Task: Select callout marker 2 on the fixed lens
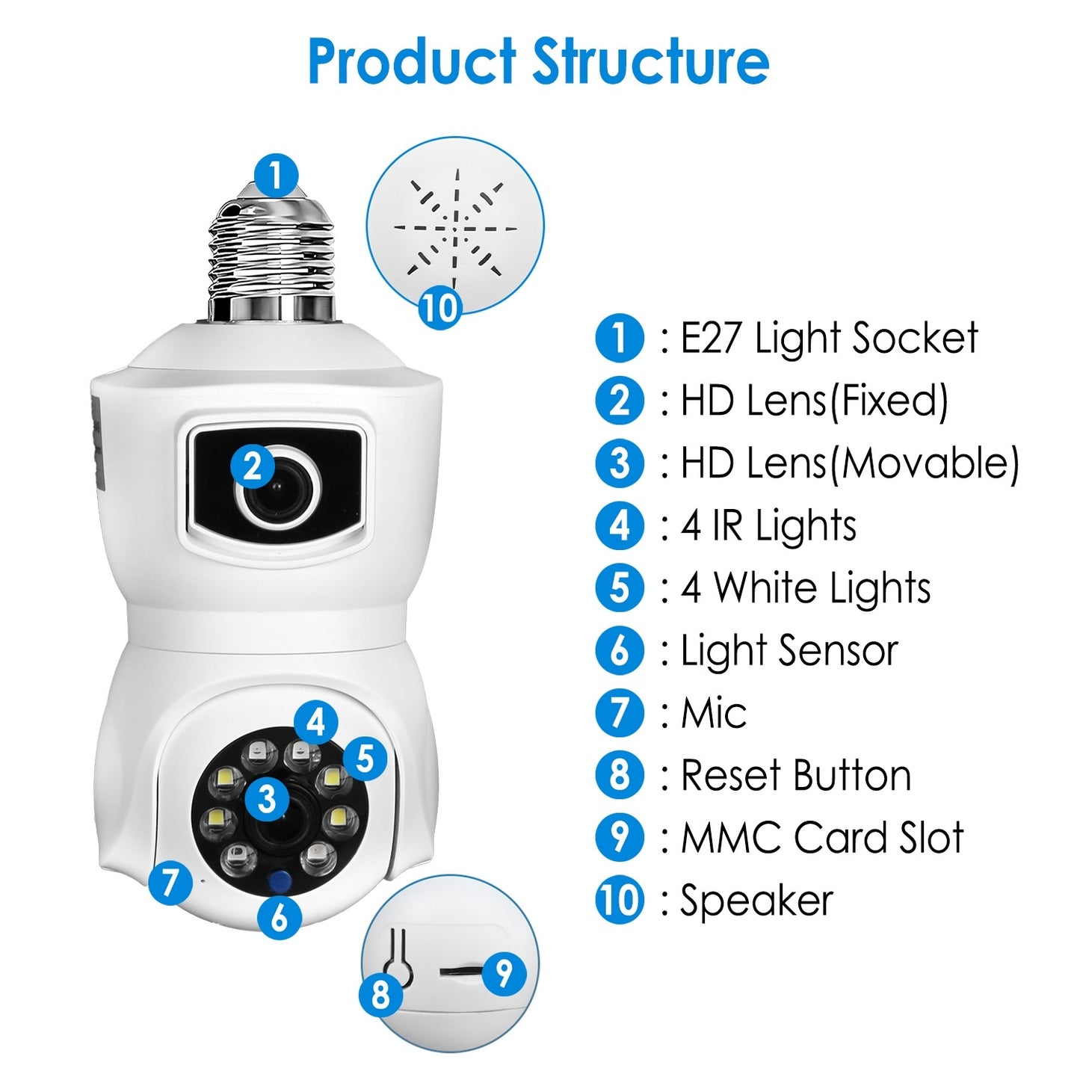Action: click(253, 466)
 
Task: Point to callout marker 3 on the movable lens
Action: click(267, 798)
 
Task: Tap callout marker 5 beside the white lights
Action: click(365, 759)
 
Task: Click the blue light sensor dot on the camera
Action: click(280, 882)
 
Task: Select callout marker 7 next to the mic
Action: click(170, 882)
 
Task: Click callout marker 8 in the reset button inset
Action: click(381, 994)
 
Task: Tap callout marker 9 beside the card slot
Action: click(504, 973)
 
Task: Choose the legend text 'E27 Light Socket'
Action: click(828, 338)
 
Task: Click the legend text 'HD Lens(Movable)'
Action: click(849, 463)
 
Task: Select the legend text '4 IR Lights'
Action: click(768, 525)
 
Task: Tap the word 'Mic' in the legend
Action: click(713, 713)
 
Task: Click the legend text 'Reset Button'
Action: click(795, 775)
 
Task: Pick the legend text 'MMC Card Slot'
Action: click(821, 837)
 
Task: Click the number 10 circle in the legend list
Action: click(620, 900)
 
